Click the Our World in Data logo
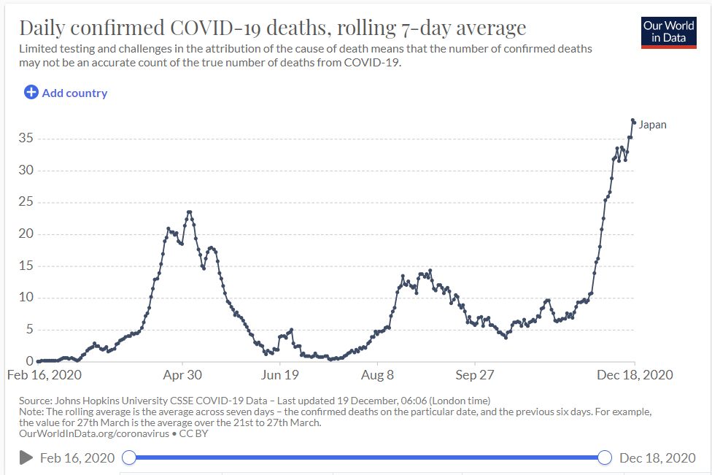click(x=668, y=33)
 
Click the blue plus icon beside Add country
click(x=31, y=92)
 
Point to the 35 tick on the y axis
click(x=26, y=138)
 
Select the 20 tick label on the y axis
click(x=26, y=233)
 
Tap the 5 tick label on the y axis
click(x=30, y=329)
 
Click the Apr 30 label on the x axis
click(x=182, y=375)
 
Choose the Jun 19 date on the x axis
click(x=279, y=375)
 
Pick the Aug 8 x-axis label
click(x=377, y=375)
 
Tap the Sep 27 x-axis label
click(x=474, y=375)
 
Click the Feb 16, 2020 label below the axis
click(x=44, y=375)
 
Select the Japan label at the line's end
click(x=652, y=125)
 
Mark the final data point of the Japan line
click(x=635, y=122)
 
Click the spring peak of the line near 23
click(x=190, y=212)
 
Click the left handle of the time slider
click(x=129, y=457)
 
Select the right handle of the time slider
click(x=605, y=457)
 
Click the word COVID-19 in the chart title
click(x=215, y=28)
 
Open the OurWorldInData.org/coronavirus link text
click(x=94, y=433)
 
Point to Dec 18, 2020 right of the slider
click(x=657, y=457)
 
